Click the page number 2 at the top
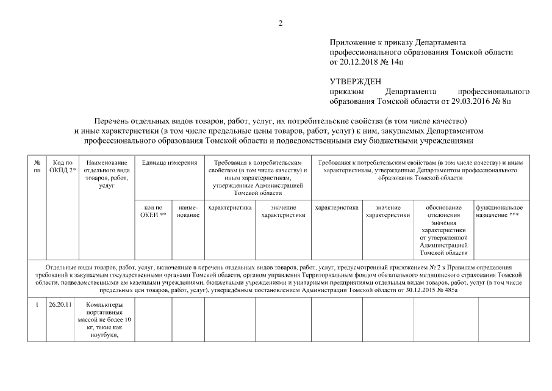[x=281, y=23]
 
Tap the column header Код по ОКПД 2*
[x=63, y=166]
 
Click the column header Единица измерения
[x=169, y=163]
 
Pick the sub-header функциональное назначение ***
[x=500, y=211]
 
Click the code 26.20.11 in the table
[x=60, y=305]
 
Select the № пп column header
[x=37, y=166]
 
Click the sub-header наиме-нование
[x=187, y=211]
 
